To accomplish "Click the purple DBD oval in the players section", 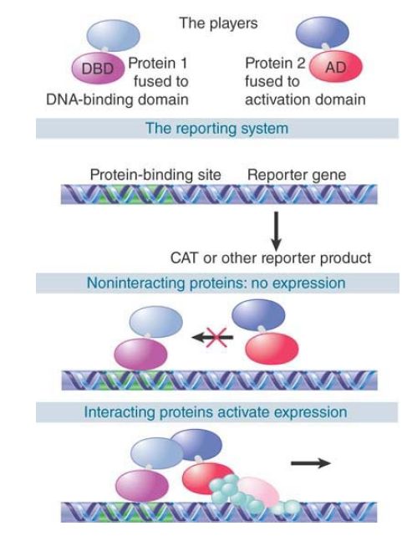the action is [x=98, y=68].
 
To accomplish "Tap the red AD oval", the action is [x=336, y=66].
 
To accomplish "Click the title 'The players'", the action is [x=219, y=23].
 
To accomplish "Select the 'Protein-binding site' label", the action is [x=155, y=175].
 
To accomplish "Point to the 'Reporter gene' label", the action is [x=297, y=175].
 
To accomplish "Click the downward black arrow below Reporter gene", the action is [x=276, y=232].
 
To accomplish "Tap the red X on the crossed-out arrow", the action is [x=216, y=337].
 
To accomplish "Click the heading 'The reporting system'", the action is [x=217, y=129].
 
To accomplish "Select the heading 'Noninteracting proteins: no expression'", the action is [x=216, y=283].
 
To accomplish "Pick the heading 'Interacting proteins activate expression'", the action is [x=216, y=412].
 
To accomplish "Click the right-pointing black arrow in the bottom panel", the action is [x=311, y=463].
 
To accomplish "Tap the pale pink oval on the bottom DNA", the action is [x=259, y=491].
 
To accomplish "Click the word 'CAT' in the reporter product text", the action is [x=184, y=258].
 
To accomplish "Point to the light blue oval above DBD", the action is [x=114, y=35].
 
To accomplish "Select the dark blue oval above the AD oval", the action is [x=323, y=32].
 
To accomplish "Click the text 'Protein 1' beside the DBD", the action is [x=158, y=64].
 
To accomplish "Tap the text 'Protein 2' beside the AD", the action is [x=275, y=64].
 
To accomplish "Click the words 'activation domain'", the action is [x=305, y=100].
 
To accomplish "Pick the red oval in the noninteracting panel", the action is [x=272, y=349].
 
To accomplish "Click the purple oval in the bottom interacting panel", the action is [x=142, y=485].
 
